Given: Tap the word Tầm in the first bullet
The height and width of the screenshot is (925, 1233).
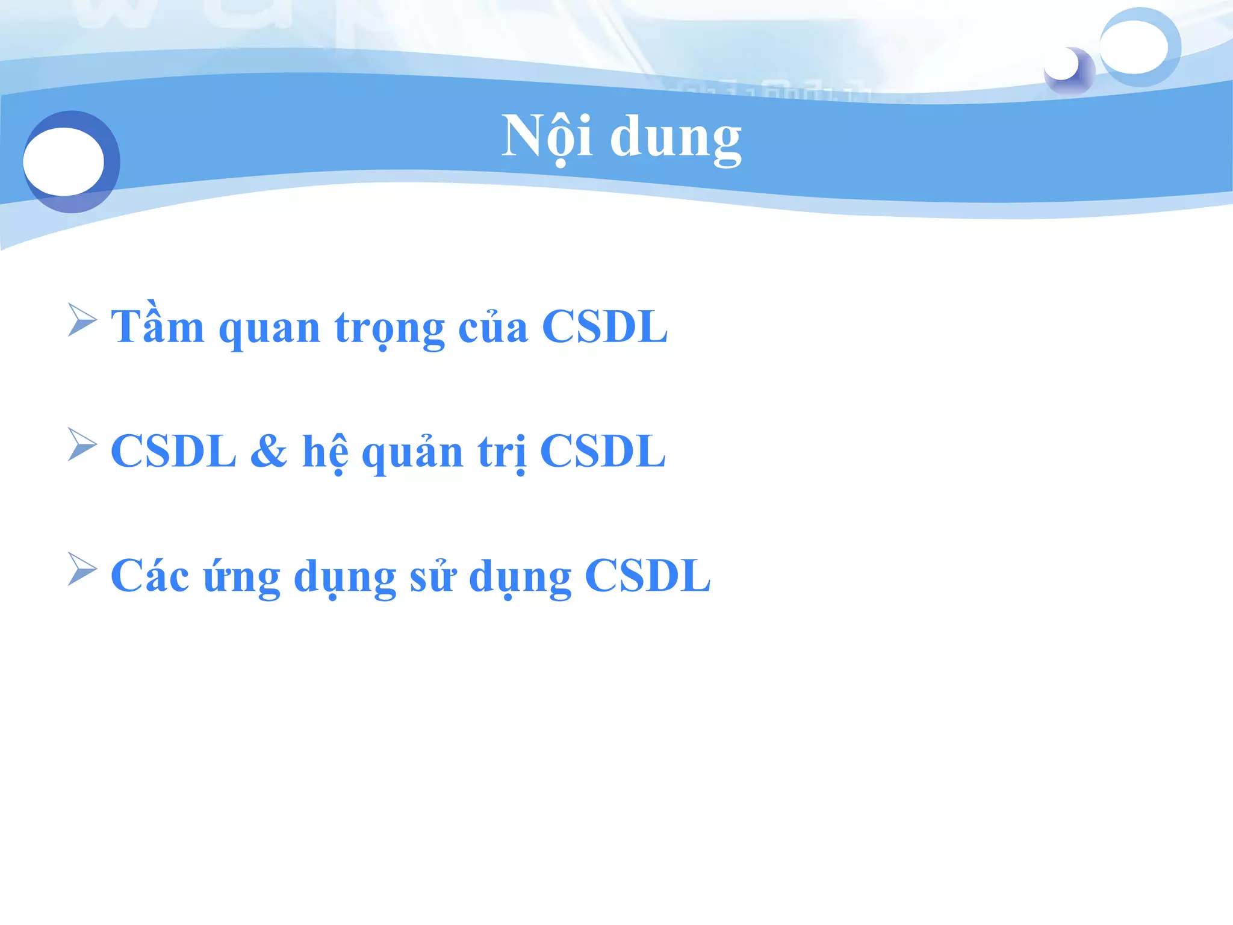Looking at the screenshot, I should click(158, 327).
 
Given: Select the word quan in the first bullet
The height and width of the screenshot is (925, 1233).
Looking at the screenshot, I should click(269, 330).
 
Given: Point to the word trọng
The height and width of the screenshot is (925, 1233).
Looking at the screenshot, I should click(390, 330).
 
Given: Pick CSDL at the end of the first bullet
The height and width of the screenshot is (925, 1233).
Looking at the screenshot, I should click(604, 327).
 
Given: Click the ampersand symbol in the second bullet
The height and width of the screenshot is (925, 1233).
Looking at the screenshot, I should click(269, 452).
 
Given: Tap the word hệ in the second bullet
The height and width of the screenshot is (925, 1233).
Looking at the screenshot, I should click(325, 452).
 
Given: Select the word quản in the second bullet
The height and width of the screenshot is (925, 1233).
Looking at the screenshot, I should click(412, 453).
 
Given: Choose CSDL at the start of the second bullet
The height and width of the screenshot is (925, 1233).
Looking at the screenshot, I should click(173, 452).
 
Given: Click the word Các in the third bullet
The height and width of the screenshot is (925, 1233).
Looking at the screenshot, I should click(149, 576).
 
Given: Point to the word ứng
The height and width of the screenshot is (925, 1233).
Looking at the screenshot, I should click(241, 578).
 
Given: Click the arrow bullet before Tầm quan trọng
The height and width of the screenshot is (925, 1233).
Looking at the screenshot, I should click(82, 320).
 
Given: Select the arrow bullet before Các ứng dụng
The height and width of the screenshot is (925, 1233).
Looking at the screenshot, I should click(82, 568).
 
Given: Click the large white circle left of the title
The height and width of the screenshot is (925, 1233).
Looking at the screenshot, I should click(64, 161).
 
